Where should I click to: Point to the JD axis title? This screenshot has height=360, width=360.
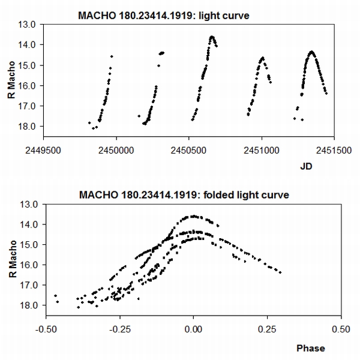click(x=306, y=169)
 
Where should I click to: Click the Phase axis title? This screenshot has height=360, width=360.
click(x=310, y=348)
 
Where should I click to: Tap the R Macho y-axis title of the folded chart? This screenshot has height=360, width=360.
click(x=13, y=256)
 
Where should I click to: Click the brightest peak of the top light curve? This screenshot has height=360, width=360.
click(x=212, y=37)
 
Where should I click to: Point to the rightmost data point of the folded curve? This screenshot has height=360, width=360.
click(x=280, y=272)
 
